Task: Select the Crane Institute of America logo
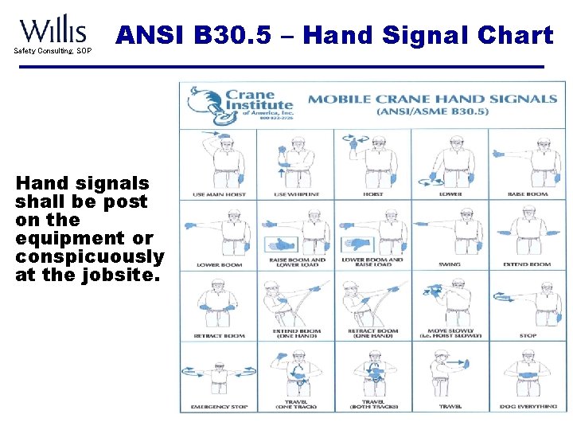click(238, 106)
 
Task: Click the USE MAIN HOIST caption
click(219, 194)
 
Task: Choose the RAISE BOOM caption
click(528, 194)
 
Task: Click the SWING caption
click(450, 264)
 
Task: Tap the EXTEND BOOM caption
click(528, 264)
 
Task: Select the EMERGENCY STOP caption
click(219, 407)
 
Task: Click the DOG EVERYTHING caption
click(528, 407)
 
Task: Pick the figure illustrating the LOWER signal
click(451, 159)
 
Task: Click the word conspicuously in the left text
click(89, 257)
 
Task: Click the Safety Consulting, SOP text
click(52, 51)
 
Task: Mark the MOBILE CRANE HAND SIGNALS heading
click(432, 100)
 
